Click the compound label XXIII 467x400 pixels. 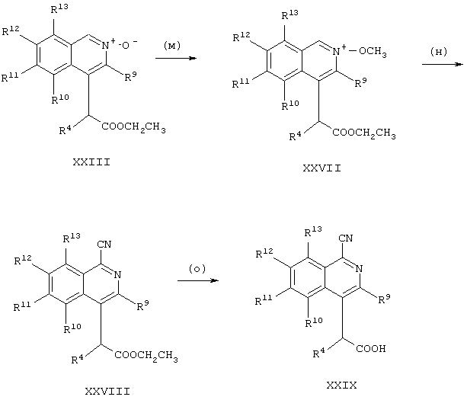[91, 162]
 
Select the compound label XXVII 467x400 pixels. [322, 168]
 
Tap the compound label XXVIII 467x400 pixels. [107, 391]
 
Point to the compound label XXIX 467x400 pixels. [341, 386]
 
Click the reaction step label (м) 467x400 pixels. [172, 46]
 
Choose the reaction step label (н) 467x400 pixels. [439, 52]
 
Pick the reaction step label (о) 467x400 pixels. [197, 269]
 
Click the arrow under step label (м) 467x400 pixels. [176, 58]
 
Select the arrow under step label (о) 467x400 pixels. [198, 280]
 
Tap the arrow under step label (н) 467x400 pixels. [443, 64]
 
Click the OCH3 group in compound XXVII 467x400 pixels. [373, 52]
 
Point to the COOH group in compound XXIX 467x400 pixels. [371, 348]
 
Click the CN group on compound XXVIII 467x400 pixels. [104, 245]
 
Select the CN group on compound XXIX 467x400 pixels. [345, 238]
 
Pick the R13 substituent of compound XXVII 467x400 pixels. [289, 14]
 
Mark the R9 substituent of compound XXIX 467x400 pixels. [384, 299]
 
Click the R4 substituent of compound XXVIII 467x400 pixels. [77, 359]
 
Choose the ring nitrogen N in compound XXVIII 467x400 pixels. [117, 274]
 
